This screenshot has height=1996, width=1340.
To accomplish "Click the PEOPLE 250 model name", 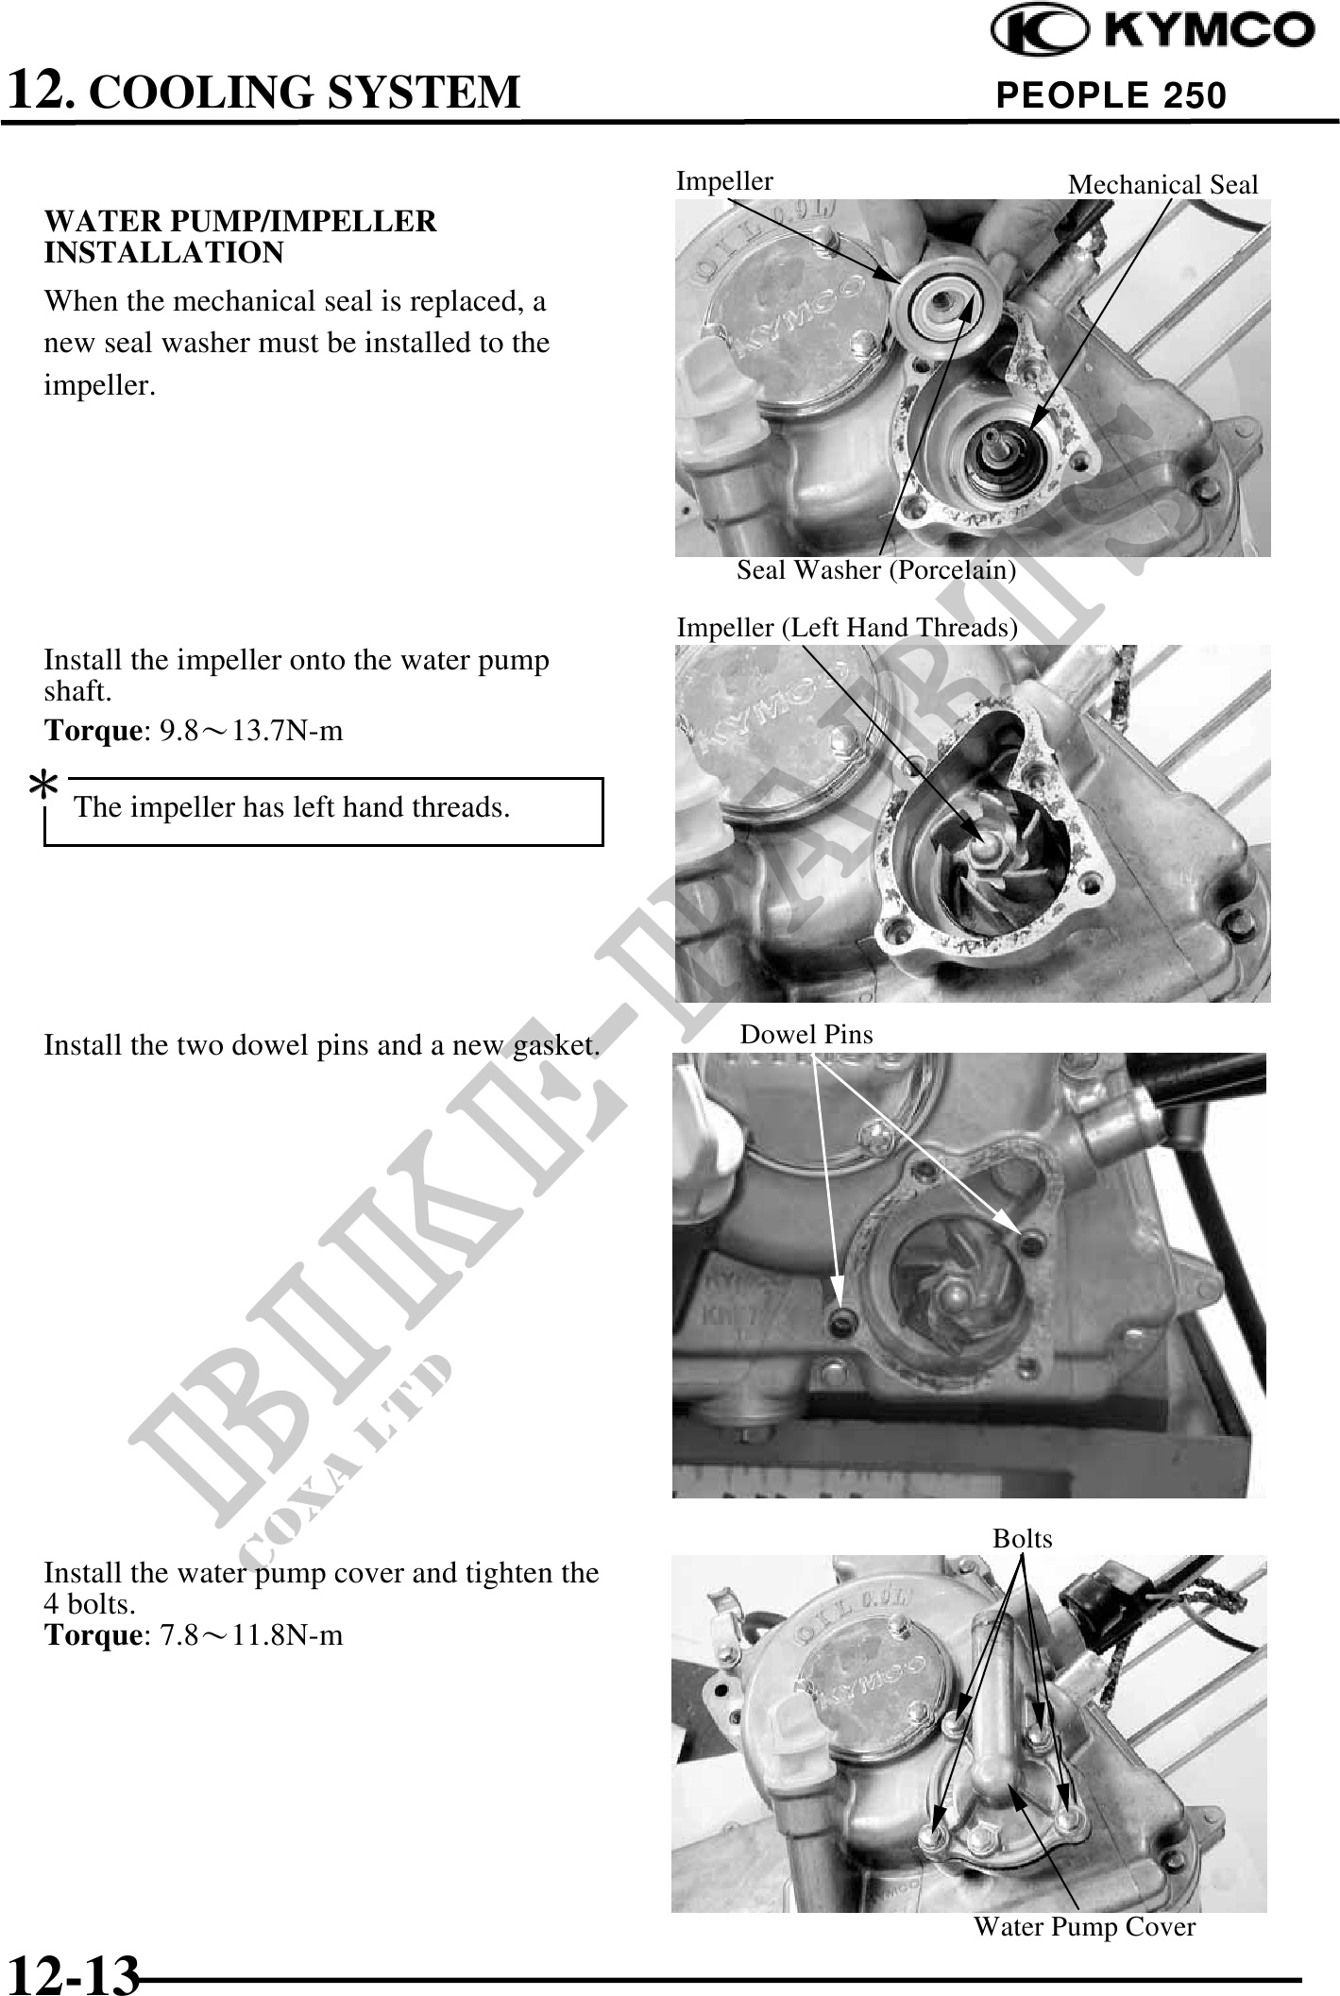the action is coord(1111,94).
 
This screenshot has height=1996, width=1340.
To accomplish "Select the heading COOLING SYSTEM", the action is coord(309,92).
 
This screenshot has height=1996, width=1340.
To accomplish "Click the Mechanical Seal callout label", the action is coord(1162,185).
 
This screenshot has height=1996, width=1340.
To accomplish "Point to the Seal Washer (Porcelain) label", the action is coord(876,570).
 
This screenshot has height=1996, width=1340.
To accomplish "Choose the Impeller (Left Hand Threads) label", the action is coord(847,628).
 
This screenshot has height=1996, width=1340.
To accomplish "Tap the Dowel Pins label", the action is coord(806,1035).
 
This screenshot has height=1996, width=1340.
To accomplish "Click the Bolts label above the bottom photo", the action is coord(1022,1539).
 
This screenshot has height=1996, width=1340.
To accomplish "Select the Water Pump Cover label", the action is coord(1084,1927).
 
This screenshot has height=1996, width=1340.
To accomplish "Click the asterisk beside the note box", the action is coord(43,786).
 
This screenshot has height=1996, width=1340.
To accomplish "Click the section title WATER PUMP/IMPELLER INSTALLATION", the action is coord(241,237).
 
